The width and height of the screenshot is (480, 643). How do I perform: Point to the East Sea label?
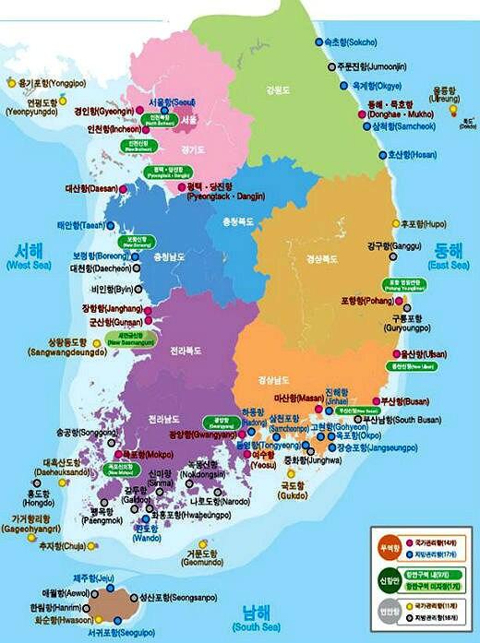451,256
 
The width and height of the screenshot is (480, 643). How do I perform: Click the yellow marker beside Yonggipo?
12,83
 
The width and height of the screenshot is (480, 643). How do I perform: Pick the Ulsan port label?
423,353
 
